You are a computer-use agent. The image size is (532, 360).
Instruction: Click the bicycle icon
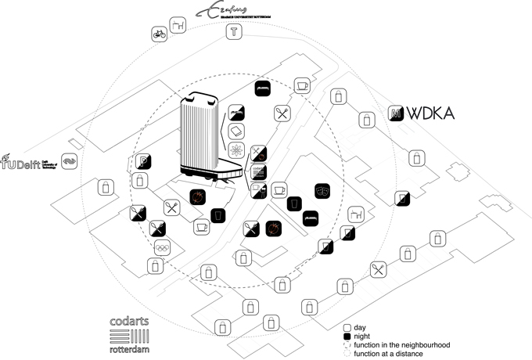point(159,34)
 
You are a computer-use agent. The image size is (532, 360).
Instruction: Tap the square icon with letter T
point(233,32)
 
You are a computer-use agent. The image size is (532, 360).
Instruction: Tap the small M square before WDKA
point(396,113)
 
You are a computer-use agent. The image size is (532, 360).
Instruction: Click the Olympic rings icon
point(162,247)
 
